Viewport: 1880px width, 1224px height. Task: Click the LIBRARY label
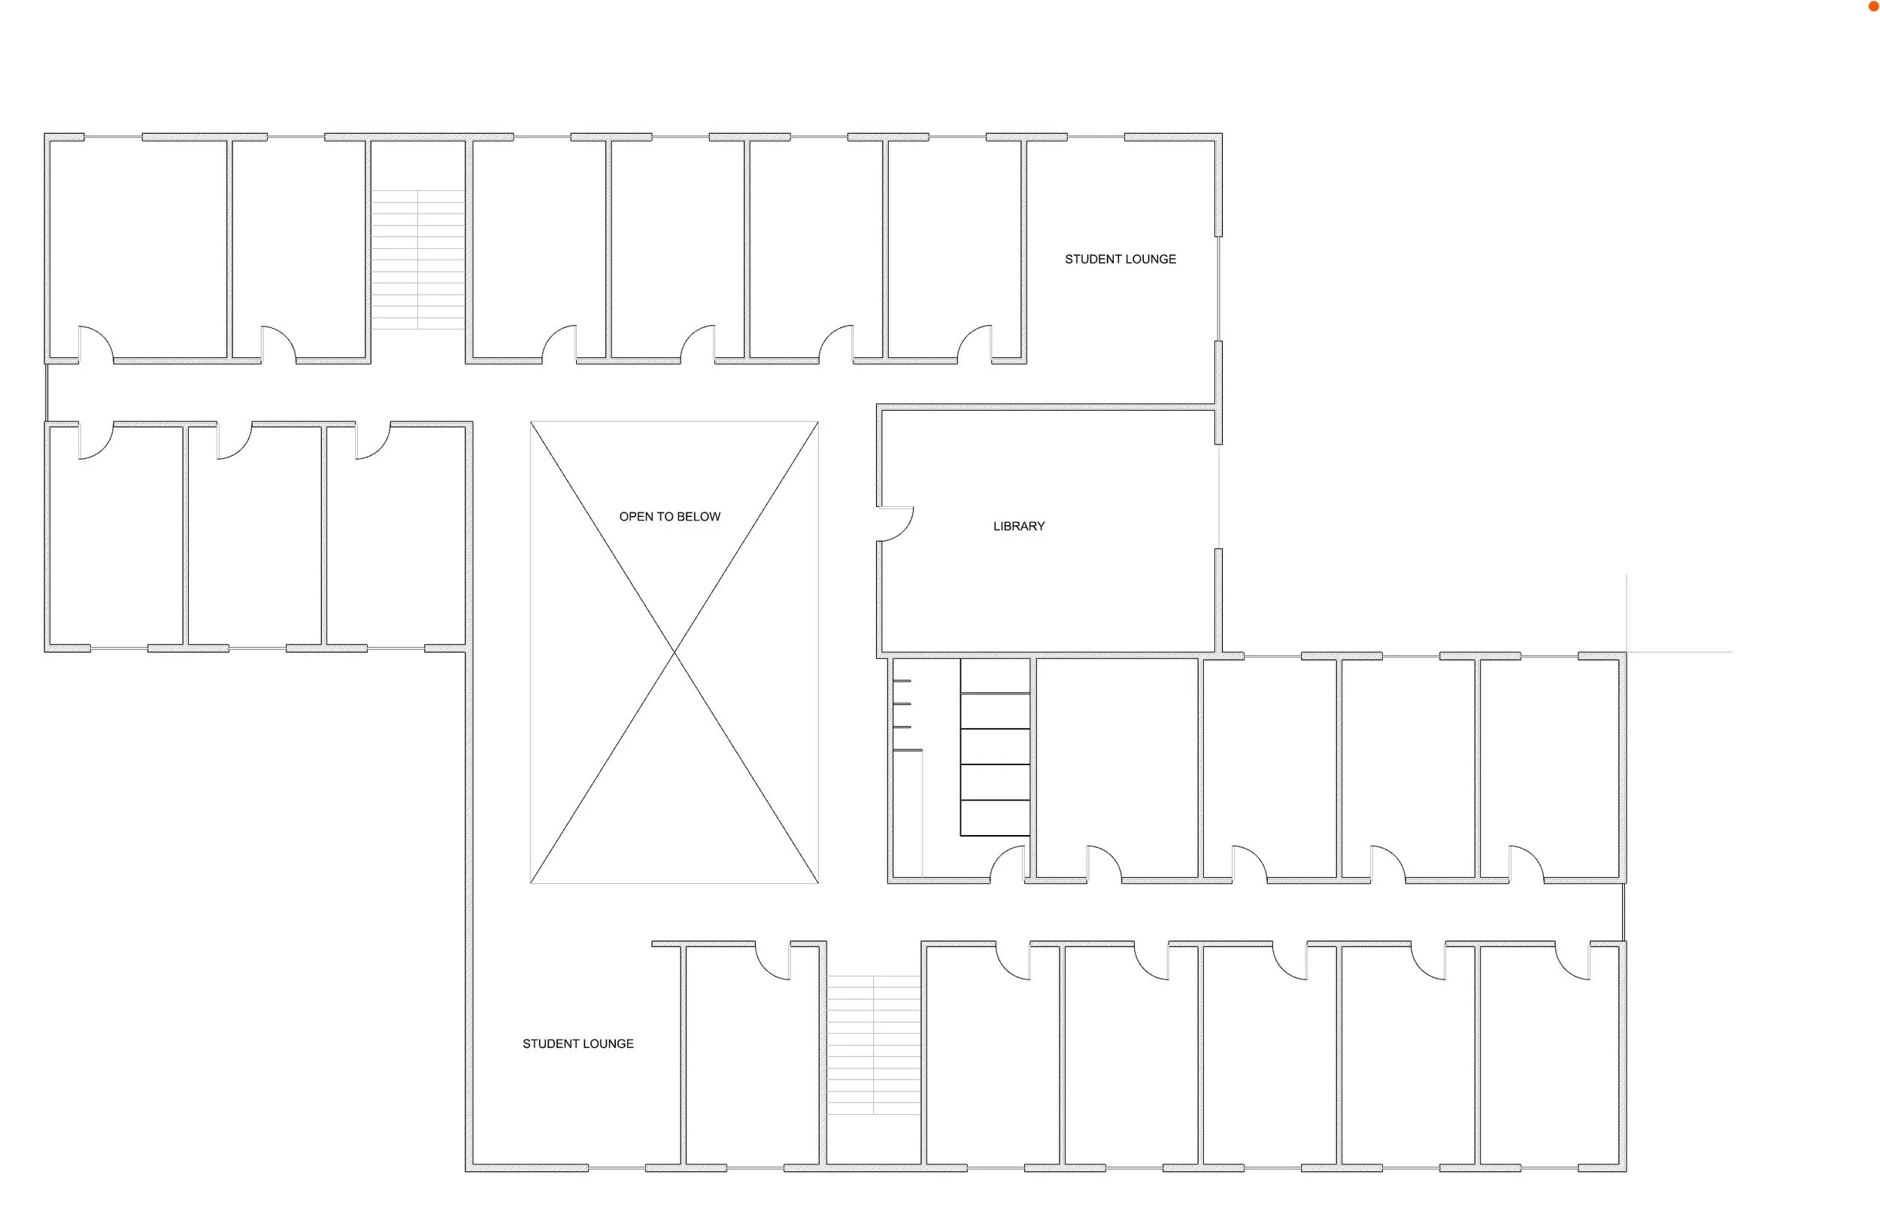(1018, 527)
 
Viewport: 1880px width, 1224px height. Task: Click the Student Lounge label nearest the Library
(1119, 260)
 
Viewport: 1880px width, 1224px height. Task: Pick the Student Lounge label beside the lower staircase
(578, 1044)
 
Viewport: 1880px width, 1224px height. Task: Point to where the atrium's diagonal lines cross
(675, 652)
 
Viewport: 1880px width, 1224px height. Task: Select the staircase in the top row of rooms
(417, 260)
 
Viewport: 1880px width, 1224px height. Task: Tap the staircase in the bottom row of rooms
(873, 1045)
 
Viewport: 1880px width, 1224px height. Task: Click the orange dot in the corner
(1874, 6)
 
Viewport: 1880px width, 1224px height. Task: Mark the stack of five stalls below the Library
(994, 747)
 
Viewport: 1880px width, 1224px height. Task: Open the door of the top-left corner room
(96, 343)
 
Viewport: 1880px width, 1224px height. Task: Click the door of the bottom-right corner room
(1572, 962)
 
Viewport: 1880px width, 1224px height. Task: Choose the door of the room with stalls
(1008, 864)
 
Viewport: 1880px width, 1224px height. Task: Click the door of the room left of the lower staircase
(772, 962)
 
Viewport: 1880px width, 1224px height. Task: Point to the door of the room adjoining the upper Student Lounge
(975, 343)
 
